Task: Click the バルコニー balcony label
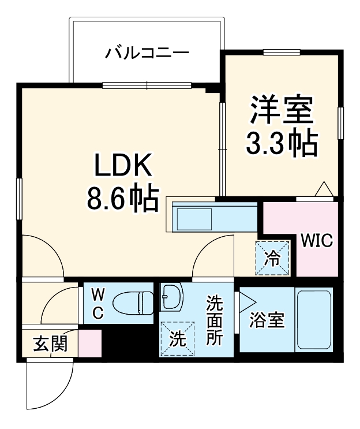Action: [x=147, y=54]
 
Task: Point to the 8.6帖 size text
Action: [x=122, y=198]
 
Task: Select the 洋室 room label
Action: [x=281, y=110]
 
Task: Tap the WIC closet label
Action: [x=316, y=240]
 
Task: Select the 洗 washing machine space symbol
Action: [x=177, y=338]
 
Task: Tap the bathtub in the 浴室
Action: [x=313, y=320]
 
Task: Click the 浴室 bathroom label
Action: [x=267, y=321]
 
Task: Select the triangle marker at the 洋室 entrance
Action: [x=323, y=189]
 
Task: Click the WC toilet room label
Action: [x=97, y=304]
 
